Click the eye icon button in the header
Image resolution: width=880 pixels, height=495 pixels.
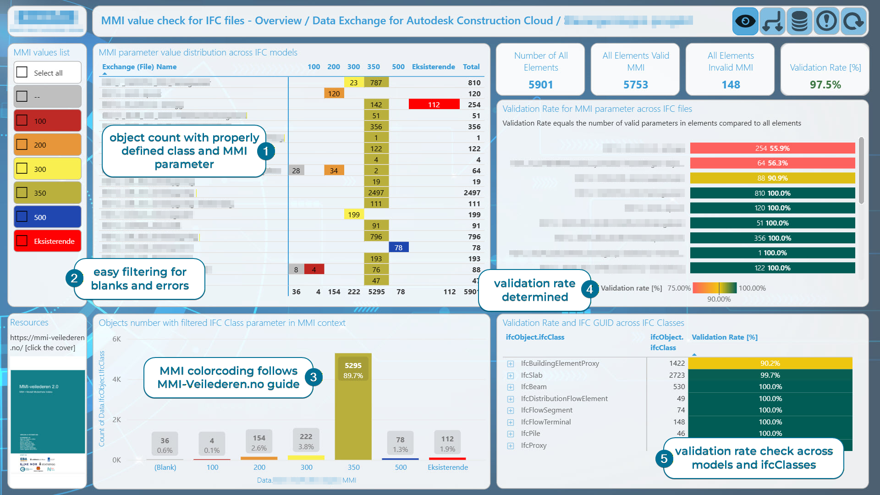[x=745, y=21]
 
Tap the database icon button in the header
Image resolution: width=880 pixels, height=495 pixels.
[x=799, y=21]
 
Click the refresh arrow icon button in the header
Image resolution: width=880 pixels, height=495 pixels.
[x=853, y=21]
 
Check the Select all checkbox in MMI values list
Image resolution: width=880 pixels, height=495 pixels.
[x=22, y=72]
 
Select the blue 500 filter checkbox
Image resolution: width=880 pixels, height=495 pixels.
[x=22, y=217]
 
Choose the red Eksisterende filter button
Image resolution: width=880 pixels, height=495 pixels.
[x=48, y=241]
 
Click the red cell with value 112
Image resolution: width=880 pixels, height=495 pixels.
[x=434, y=104]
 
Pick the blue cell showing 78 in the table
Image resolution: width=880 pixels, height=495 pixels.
[x=398, y=247]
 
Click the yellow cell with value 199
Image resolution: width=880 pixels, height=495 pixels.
[x=353, y=214]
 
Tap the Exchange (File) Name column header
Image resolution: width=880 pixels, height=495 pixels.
[x=139, y=67]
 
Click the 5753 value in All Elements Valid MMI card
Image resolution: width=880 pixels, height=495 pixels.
[x=635, y=85]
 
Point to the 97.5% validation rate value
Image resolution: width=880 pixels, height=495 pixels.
[x=825, y=85]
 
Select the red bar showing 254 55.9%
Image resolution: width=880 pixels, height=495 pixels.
[x=772, y=148]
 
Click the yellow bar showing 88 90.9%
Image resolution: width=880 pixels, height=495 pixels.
[x=772, y=178]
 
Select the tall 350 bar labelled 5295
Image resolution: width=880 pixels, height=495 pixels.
[x=353, y=408]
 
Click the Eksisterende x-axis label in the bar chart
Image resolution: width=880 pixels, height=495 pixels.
[x=447, y=467]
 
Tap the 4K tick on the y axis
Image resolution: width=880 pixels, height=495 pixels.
[x=116, y=379]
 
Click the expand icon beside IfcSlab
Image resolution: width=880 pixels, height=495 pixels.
[x=511, y=375]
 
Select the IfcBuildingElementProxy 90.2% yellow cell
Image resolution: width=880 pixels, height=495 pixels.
[x=770, y=363]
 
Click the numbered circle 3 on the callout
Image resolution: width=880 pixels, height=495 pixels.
[x=313, y=377]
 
